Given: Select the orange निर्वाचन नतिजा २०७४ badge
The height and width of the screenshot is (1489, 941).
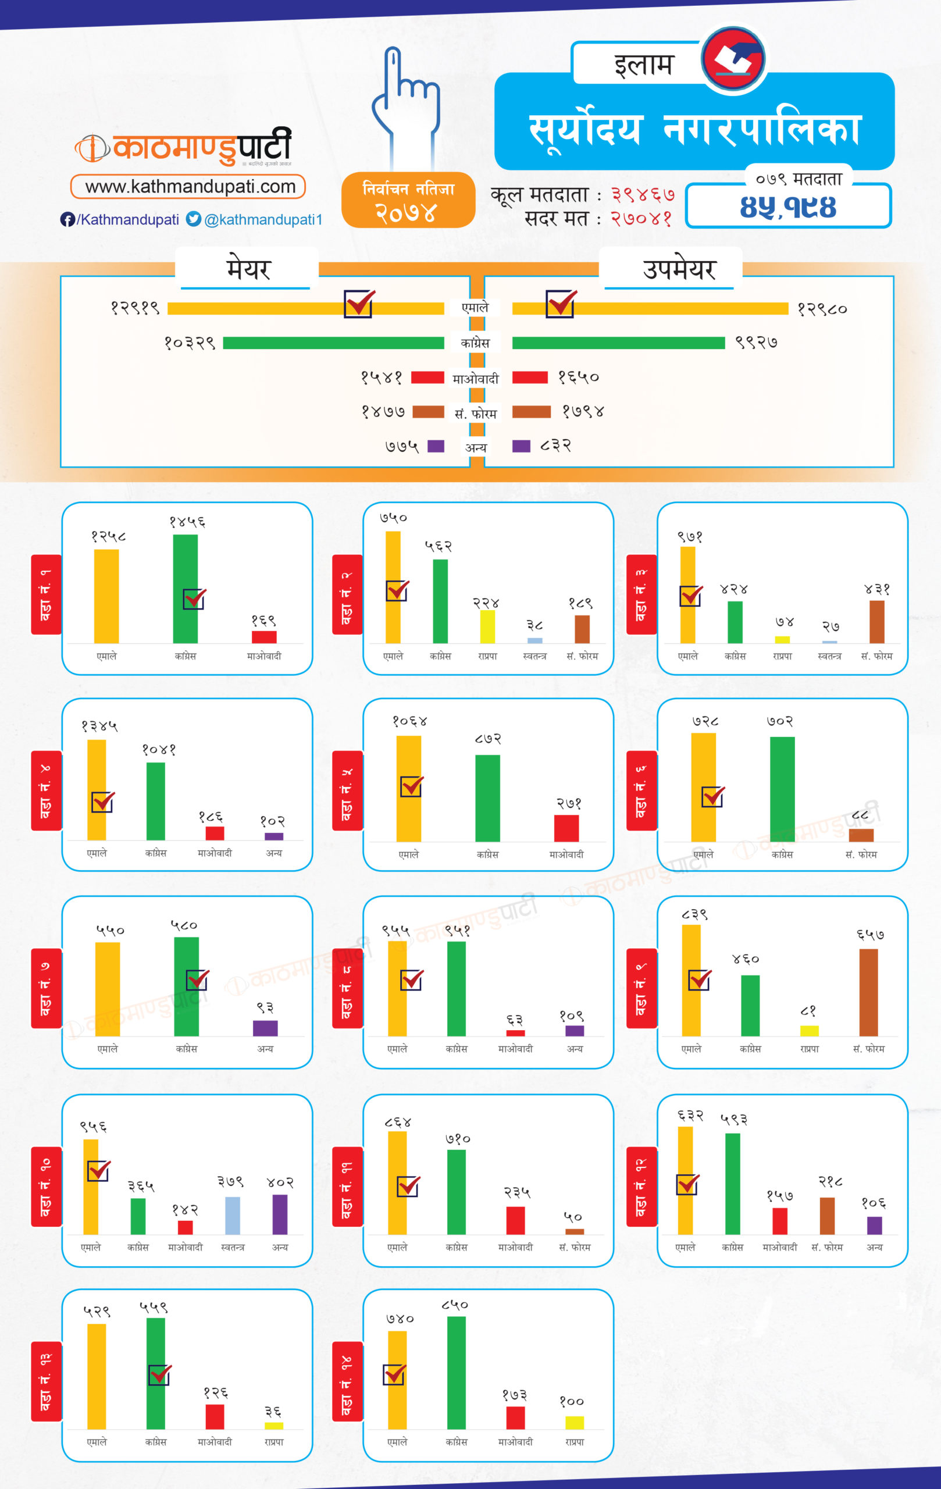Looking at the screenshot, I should [408, 200].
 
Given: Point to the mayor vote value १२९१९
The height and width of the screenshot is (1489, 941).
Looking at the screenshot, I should [135, 308].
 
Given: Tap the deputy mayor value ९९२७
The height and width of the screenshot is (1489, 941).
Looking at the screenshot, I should [756, 343].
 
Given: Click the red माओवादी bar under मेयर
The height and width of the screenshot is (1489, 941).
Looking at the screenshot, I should [427, 377].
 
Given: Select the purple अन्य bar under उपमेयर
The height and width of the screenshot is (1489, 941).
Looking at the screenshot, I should [521, 446].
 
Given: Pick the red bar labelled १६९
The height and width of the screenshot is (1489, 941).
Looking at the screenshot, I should [264, 637].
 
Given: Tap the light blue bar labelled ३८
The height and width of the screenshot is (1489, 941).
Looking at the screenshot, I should [535, 640].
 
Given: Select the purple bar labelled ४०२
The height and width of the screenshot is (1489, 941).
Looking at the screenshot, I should [280, 1214].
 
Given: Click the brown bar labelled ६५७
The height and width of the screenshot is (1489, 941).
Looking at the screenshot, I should [868, 992].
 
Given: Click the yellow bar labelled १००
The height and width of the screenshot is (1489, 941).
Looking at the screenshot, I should [575, 1422].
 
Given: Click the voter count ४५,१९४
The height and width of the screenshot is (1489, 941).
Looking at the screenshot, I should [788, 207].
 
